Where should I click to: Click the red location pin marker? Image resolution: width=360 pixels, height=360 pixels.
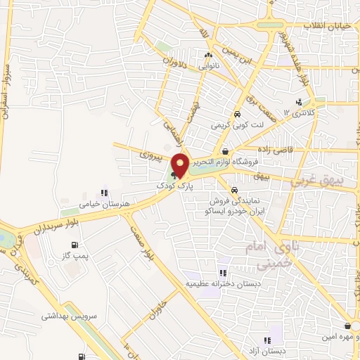[x=180, y=164]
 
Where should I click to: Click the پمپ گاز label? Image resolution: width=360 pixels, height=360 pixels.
[x=75, y=258]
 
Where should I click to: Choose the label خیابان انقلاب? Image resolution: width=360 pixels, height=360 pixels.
[x=330, y=26]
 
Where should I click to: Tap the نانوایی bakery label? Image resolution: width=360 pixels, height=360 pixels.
[x=207, y=66]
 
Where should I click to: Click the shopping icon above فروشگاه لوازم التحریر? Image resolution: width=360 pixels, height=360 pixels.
[x=224, y=151]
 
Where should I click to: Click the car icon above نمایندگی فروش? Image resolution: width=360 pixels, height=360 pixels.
[x=233, y=190]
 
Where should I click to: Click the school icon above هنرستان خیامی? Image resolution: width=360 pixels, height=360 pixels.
[x=103, y=193]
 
